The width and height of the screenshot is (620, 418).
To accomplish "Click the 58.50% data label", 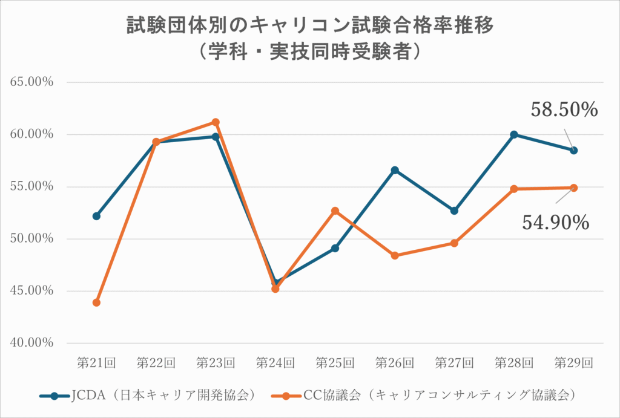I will [x=564, y=109].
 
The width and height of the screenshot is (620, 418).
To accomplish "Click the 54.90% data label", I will [x=555, y=223].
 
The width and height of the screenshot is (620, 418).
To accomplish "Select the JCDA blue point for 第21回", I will [x=97, y=216].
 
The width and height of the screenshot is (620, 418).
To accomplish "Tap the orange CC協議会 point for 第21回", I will [x=97, y=302].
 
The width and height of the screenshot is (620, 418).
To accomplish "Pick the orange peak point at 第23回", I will [x=216, y=122].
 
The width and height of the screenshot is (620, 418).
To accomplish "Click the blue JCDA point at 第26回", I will [x=395, y=170].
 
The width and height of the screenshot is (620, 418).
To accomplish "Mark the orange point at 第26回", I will [x=395, y=256].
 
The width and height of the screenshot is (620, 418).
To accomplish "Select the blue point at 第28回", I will [x=514, y=134].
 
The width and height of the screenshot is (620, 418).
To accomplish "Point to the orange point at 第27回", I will [x=455, y=243].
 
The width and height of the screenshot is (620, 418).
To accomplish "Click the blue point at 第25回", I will [x=335, y=248].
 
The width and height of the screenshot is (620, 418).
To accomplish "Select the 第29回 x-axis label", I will [x=573, y=363].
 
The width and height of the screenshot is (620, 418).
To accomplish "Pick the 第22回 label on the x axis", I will [x=156, y=363].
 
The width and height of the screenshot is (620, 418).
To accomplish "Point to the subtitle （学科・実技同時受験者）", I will [x=310, y=51].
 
